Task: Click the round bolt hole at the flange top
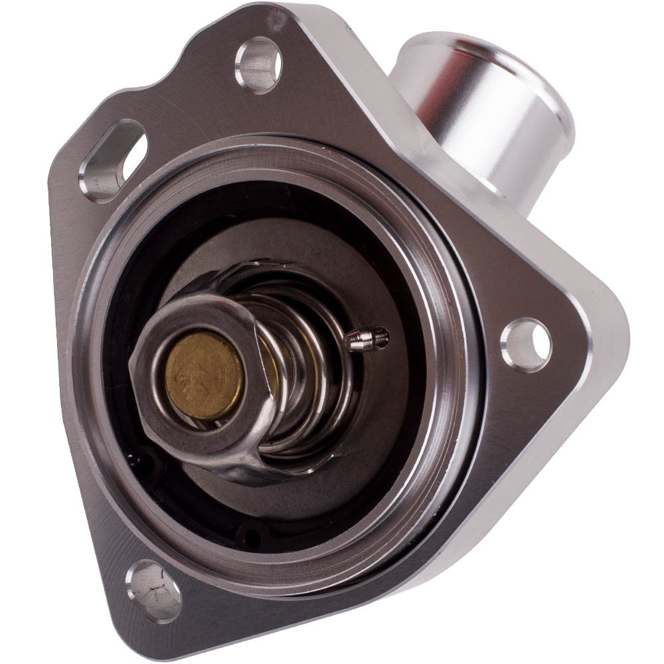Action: (258, 64)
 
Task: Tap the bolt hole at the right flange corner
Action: (525, 345)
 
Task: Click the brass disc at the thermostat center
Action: (204, 376)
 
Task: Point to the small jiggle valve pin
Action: (366, 340)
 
